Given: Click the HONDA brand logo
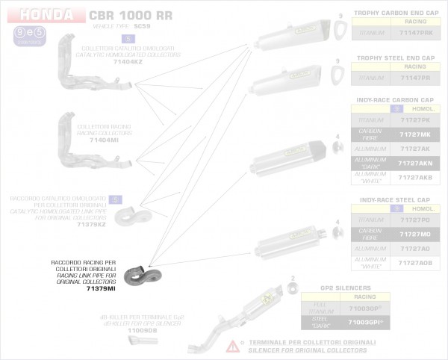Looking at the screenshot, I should (46, 15).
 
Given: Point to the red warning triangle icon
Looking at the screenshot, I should (234, 345).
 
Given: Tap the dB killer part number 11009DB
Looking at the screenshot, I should (143, 330).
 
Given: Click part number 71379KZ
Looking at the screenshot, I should (92, 223).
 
